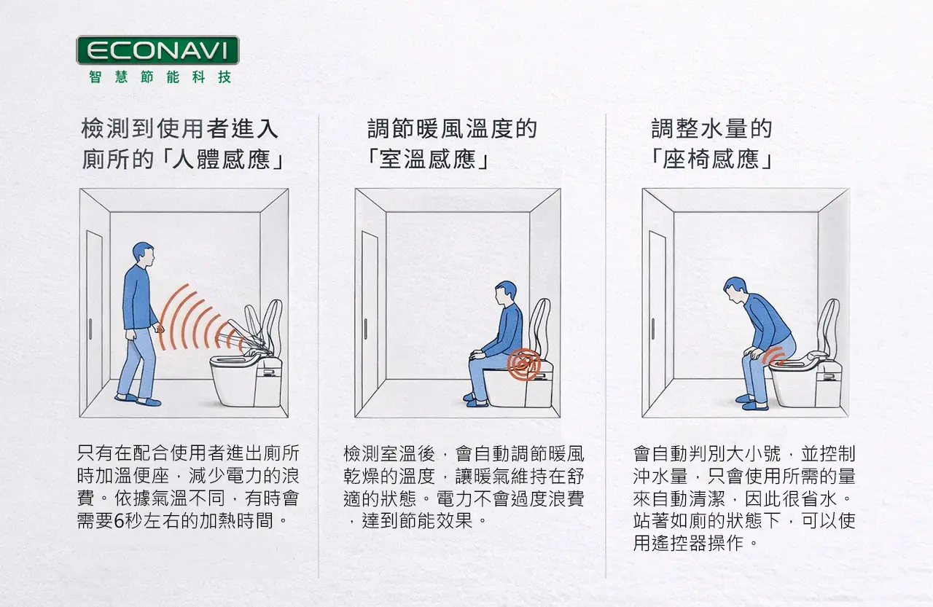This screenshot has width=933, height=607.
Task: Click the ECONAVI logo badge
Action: [158, 50]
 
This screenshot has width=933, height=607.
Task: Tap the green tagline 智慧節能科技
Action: [160, 77]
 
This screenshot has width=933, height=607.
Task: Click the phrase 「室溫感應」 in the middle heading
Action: [428, 160]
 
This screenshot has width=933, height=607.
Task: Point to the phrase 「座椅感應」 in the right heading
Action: [712, 160]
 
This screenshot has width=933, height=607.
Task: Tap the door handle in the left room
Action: [90, 329]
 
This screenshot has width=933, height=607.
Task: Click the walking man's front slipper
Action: [148, 402]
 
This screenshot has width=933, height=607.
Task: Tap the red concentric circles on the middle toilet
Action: [523, 364]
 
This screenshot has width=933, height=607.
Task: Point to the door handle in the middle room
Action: [365, 329]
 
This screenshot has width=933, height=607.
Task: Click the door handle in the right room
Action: [652, 329]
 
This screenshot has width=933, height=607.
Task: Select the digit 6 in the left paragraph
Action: [119, 521]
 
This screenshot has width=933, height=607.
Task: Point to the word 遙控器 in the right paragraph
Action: [688, 543]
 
